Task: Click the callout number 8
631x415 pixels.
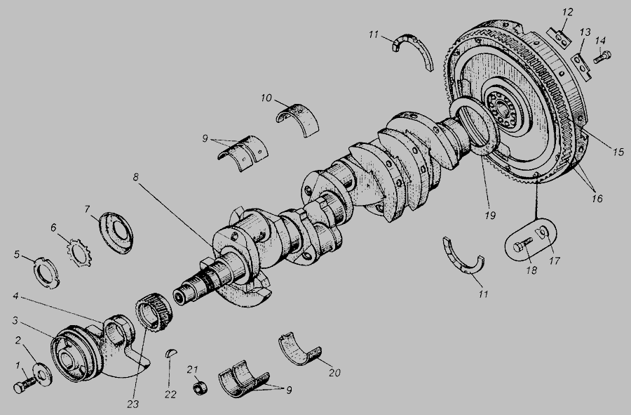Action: coord(135,177)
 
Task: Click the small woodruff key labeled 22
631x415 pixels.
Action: coord(171,353)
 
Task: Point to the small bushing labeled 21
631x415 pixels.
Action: coord(200,388)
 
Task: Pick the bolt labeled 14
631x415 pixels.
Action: coord(602,57)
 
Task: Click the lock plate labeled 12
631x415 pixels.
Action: coord(559,37)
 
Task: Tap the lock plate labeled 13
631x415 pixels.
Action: coord(581,66)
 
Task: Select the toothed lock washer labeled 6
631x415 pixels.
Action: coord(79,252)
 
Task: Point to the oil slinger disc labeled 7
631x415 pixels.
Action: coord(116,232)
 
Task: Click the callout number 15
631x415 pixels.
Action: coord(618,152)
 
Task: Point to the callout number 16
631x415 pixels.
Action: coord(597,198)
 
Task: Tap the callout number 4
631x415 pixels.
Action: coord(15,296)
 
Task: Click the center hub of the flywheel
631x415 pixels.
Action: coord(502,109)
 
